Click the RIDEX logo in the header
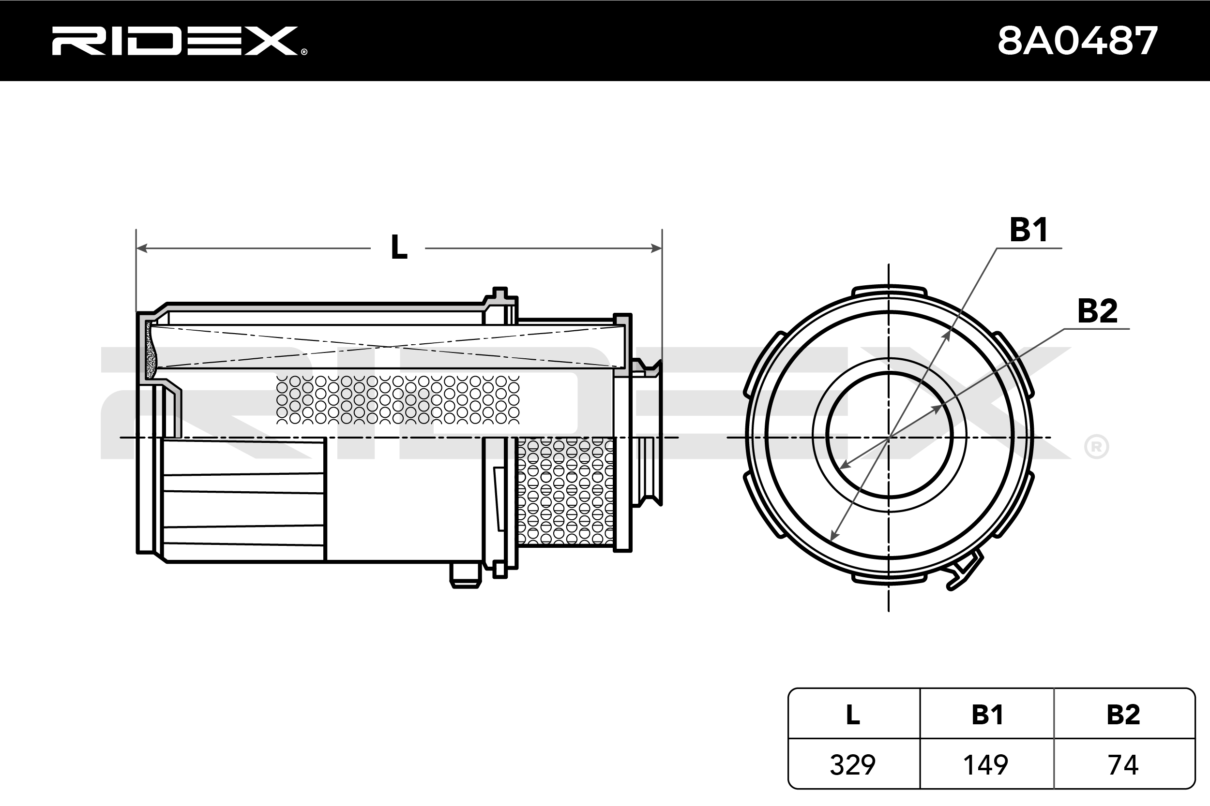179,41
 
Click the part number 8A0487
1077,41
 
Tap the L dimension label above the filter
399,248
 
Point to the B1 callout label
1028,230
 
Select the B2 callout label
1097,311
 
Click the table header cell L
852,715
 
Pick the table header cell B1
987,715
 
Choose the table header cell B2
1123,715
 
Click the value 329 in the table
852,765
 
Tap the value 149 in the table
986,765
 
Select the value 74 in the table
1123,765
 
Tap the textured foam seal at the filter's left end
151,351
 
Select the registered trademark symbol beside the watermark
1096,447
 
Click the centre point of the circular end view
889,438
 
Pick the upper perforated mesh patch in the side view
398,400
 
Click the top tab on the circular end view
889,290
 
